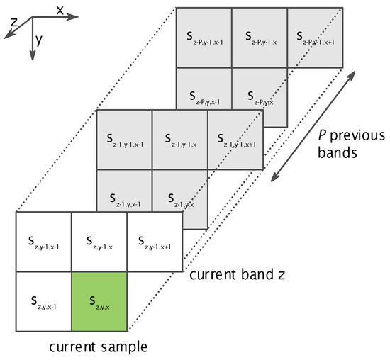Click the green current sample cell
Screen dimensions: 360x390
click(99, 303)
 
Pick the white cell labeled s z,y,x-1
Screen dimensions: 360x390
click(43, 303)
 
